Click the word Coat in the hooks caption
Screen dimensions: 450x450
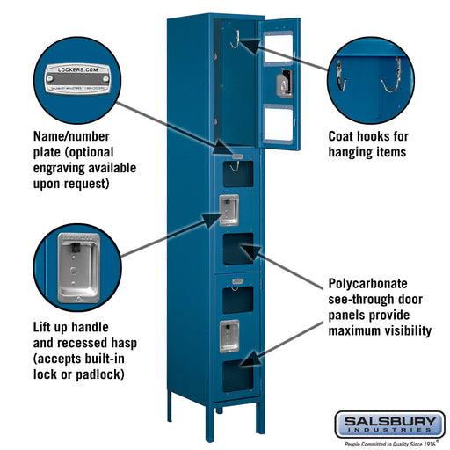345,136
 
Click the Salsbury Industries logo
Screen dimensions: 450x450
388,424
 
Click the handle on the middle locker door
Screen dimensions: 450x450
229,209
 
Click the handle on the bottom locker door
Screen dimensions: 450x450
229,333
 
